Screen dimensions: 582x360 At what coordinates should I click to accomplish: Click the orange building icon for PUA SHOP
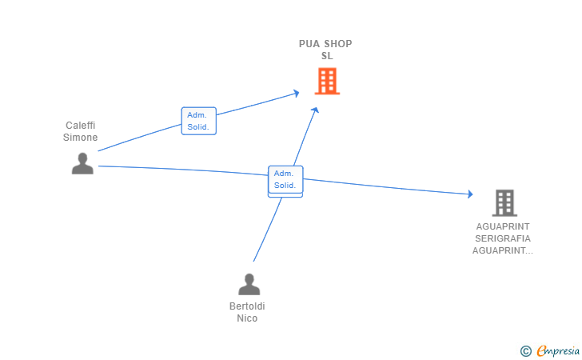coord(327,81)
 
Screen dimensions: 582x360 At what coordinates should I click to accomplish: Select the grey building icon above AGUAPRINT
coord(504,203)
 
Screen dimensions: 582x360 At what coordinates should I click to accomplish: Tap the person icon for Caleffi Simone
coord(82,163)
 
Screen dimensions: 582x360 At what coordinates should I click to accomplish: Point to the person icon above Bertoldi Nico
coord(249,284)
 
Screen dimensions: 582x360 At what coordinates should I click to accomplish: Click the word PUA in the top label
coord(309,44)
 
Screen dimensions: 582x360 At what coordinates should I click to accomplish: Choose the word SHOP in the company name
coord(337,44)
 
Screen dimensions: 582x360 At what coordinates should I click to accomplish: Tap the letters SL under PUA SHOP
coord(327,56)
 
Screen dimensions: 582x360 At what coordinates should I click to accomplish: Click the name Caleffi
coord(81,126)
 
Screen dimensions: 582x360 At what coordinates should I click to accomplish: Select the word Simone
coord(80,137)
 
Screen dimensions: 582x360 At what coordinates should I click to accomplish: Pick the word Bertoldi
coord(247,306)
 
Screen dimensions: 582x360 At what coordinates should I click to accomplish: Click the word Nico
coord(247,318)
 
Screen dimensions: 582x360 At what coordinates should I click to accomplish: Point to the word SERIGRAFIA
coord(503,238)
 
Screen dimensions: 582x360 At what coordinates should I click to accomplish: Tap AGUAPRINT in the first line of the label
coord(503,226)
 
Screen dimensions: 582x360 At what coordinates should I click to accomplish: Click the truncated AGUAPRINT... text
coord(503,250)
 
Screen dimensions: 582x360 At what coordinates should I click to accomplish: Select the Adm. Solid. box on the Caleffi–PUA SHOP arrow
coord(198,121)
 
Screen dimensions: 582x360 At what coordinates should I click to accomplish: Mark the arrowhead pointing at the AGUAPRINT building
coord(470,194)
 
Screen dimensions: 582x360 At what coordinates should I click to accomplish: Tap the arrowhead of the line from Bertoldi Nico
coord(315,110)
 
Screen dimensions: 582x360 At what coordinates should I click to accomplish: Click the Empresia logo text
coord(558,350)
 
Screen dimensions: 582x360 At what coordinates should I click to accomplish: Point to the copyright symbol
coord(525,351)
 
